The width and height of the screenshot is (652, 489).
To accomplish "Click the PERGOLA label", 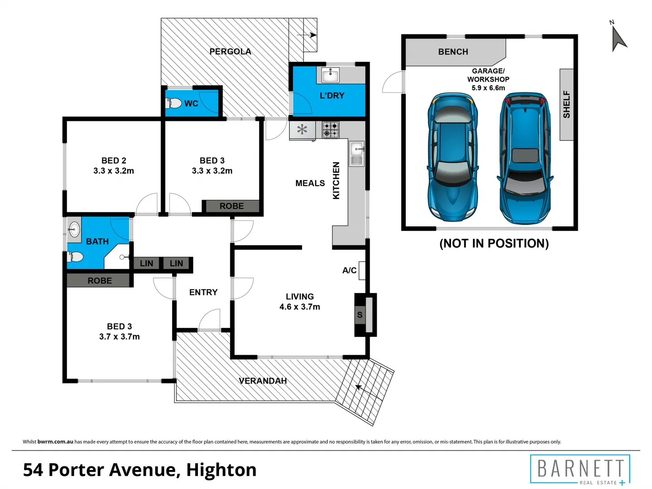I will [230, 52].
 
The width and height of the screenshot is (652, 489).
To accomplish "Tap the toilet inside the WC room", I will [174, 103].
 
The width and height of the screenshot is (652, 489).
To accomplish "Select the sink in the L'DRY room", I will [331, 75].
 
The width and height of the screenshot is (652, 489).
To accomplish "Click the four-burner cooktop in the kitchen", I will [331, 130].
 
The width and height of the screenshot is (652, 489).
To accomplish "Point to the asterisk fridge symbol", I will [302, 130].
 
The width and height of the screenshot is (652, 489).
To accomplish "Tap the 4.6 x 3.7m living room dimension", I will [299, 307].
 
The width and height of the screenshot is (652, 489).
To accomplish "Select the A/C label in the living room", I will [349, 270].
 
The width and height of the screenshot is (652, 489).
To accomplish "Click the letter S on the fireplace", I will [360, 315].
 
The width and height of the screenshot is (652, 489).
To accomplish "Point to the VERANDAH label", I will [263, 381].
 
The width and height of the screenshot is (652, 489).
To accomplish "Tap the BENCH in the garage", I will [453, 52].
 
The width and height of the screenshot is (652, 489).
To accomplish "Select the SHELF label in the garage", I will [566, 105].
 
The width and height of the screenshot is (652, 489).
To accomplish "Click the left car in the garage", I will [452, 158].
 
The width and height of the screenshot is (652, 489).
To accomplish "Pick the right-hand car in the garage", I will [525, 158].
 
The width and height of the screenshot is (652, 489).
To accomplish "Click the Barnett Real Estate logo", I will [580, 470].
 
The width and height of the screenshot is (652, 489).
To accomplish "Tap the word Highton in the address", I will [221, 470].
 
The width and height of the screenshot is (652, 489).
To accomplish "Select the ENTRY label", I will [203, 292].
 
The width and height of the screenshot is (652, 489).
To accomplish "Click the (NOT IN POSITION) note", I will [494, 244].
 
